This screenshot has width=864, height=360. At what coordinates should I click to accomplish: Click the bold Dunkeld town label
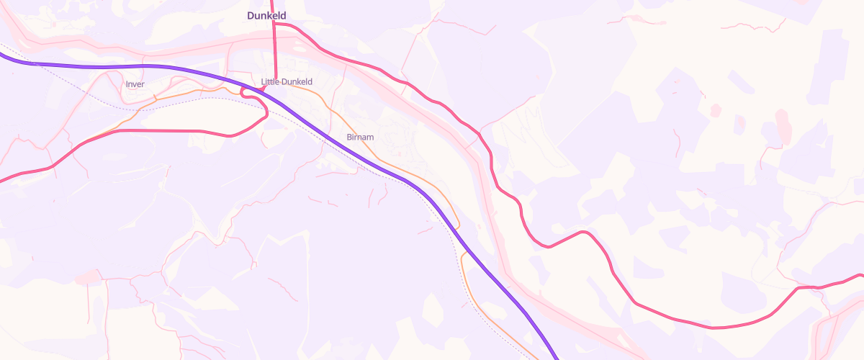pyautogui.click(x=266, y=15)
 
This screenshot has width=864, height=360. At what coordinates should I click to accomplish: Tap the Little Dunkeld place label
pyautogui.click(x=287, y=81)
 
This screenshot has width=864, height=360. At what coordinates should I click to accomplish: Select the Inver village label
pyautogui.click(x=135, y=84)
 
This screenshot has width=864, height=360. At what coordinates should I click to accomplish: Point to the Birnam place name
pyautogui.click(x=360, y=137)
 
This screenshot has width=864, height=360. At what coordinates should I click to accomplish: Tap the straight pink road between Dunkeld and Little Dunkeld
pyautogui.click(x=274, y=50)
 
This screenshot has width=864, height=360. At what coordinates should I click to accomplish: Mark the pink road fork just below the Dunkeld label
pyautogui.click(x=274, y=24)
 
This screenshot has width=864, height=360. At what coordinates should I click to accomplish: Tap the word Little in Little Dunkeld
pyautogui.click(x=269, y=81)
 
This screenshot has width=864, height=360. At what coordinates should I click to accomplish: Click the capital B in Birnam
pyautogui.click(x=349, y=137)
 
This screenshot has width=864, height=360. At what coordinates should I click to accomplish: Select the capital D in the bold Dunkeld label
pyautogui.click(x=251, y=15)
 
